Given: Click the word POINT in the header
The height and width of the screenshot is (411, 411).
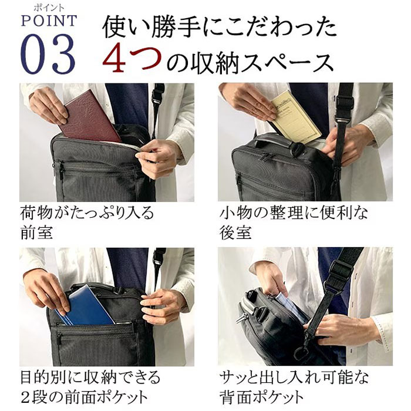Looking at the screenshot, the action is point(49,21).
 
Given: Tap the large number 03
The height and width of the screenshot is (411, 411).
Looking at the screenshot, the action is point(48,54).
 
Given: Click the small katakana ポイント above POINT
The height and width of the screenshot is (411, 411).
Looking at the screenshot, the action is point(49,8).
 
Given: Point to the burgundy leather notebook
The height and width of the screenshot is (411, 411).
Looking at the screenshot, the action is point(89,117).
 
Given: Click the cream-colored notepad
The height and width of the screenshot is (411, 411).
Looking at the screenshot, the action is point(296,117).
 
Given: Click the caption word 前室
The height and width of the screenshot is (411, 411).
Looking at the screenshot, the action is point(36,233).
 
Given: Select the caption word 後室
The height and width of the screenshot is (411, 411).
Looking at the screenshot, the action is point(235,233).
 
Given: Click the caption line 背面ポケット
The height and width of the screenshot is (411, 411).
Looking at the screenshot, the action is point(261,397).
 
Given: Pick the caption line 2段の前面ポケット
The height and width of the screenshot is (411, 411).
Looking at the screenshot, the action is point(85,397).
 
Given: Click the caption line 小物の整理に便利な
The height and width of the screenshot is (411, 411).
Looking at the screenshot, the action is point(294,213).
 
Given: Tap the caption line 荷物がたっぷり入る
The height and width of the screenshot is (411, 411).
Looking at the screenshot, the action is point(87,213).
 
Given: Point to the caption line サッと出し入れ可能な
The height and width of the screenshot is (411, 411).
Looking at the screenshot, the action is point(294,377).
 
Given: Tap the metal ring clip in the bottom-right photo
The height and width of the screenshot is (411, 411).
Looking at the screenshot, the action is point(301,352).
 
